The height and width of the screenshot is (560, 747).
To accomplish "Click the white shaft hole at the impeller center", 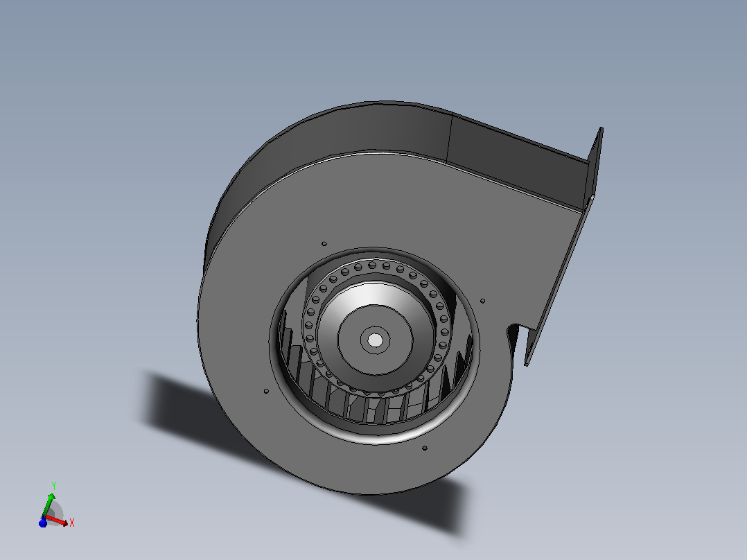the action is (376, 340).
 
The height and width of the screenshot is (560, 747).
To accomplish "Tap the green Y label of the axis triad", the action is (54, 486).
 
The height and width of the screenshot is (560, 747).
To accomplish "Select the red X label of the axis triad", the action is (72, 523).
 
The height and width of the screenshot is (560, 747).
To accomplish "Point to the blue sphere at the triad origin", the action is (43, 523).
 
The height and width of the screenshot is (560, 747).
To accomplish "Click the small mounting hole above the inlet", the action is (324, 243).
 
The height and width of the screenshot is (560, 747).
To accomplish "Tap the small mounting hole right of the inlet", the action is (482, 301).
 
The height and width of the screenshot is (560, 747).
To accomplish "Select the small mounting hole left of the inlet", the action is (266, 392).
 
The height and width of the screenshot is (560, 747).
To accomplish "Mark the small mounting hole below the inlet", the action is (425, 448).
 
